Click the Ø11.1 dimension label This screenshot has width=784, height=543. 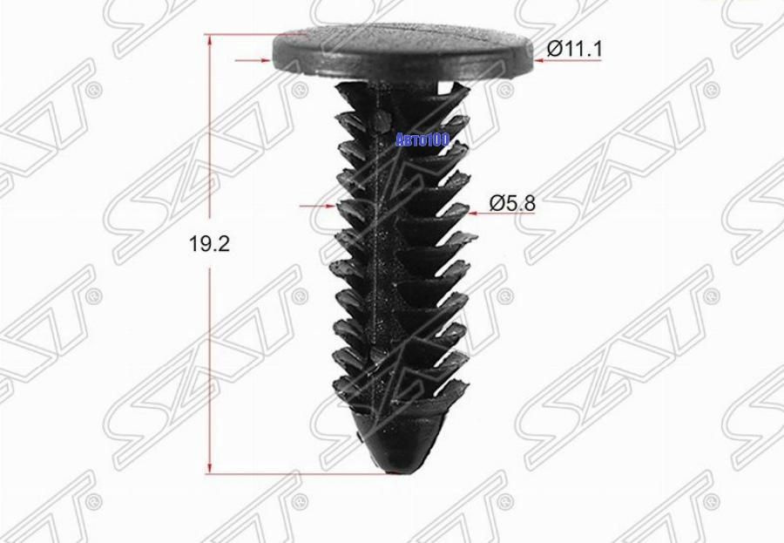575,49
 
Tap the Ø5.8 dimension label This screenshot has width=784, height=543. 512,203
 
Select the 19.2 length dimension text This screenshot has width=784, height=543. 209,244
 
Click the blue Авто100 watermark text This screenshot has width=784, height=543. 422,140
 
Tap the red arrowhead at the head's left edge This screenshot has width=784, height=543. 265,60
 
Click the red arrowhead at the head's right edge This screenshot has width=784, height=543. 540,60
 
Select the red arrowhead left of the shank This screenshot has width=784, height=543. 329,206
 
